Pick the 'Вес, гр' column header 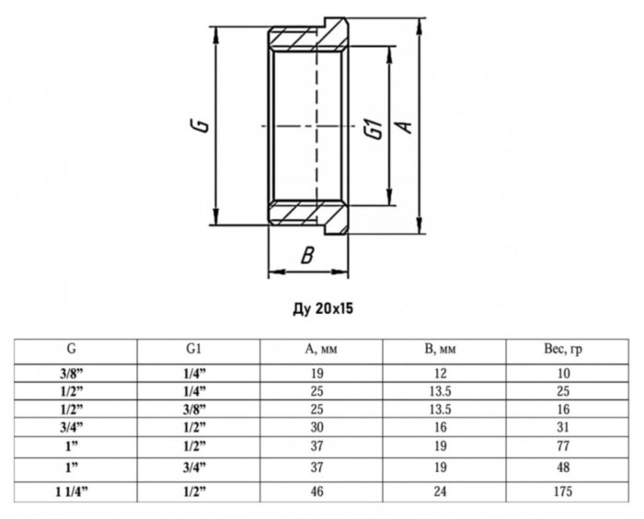pos(563,350)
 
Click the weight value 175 pos(563,492)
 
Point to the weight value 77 pos(563,445)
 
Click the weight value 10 pos(563,373)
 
